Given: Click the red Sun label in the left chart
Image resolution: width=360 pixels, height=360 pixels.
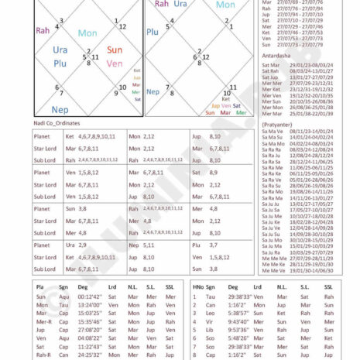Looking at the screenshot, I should [x=114, y=50].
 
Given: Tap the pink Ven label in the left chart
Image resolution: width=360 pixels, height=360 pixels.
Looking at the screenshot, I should [x=114, y=63].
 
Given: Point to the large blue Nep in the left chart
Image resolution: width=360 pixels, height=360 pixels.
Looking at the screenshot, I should [x=60, y=110].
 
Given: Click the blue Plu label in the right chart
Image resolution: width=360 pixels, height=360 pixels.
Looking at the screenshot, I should [x=153, y=32].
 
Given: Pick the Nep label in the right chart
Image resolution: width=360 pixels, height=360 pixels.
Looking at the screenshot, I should [x=154, y=91].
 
